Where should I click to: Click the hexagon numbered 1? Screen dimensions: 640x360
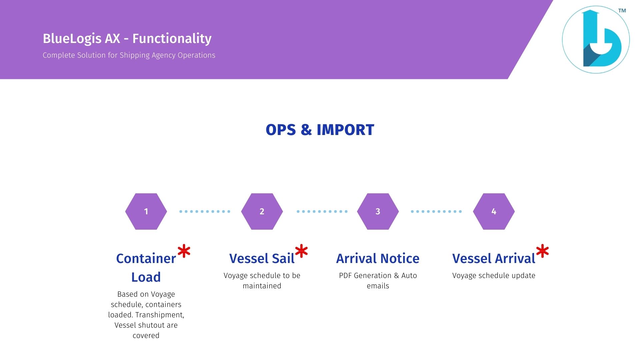point(146,211)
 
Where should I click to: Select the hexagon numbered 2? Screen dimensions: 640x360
point(262,211)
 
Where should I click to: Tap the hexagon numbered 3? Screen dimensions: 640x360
point(378,211)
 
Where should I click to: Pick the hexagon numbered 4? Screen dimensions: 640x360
point(494,211)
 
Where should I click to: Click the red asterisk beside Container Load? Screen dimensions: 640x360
point(184,251)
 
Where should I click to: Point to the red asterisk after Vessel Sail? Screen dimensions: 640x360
point(301,251)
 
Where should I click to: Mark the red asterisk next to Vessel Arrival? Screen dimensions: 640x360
point(542,251)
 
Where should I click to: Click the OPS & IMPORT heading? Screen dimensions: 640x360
point(320,130)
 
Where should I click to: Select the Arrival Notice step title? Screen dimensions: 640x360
point(378,258)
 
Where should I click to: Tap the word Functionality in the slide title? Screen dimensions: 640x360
point(172,39)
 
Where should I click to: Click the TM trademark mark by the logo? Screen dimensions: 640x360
point(622,11)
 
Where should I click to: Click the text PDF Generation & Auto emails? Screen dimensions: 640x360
point(378,281)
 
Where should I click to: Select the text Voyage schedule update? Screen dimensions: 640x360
point(494,276)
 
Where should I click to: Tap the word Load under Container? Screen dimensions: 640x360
point(146,277)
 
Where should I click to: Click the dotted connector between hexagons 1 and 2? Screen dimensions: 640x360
point(205,211)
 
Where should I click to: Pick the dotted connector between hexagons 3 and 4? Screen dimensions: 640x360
point(436,211)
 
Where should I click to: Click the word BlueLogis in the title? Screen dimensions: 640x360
point(72,39)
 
